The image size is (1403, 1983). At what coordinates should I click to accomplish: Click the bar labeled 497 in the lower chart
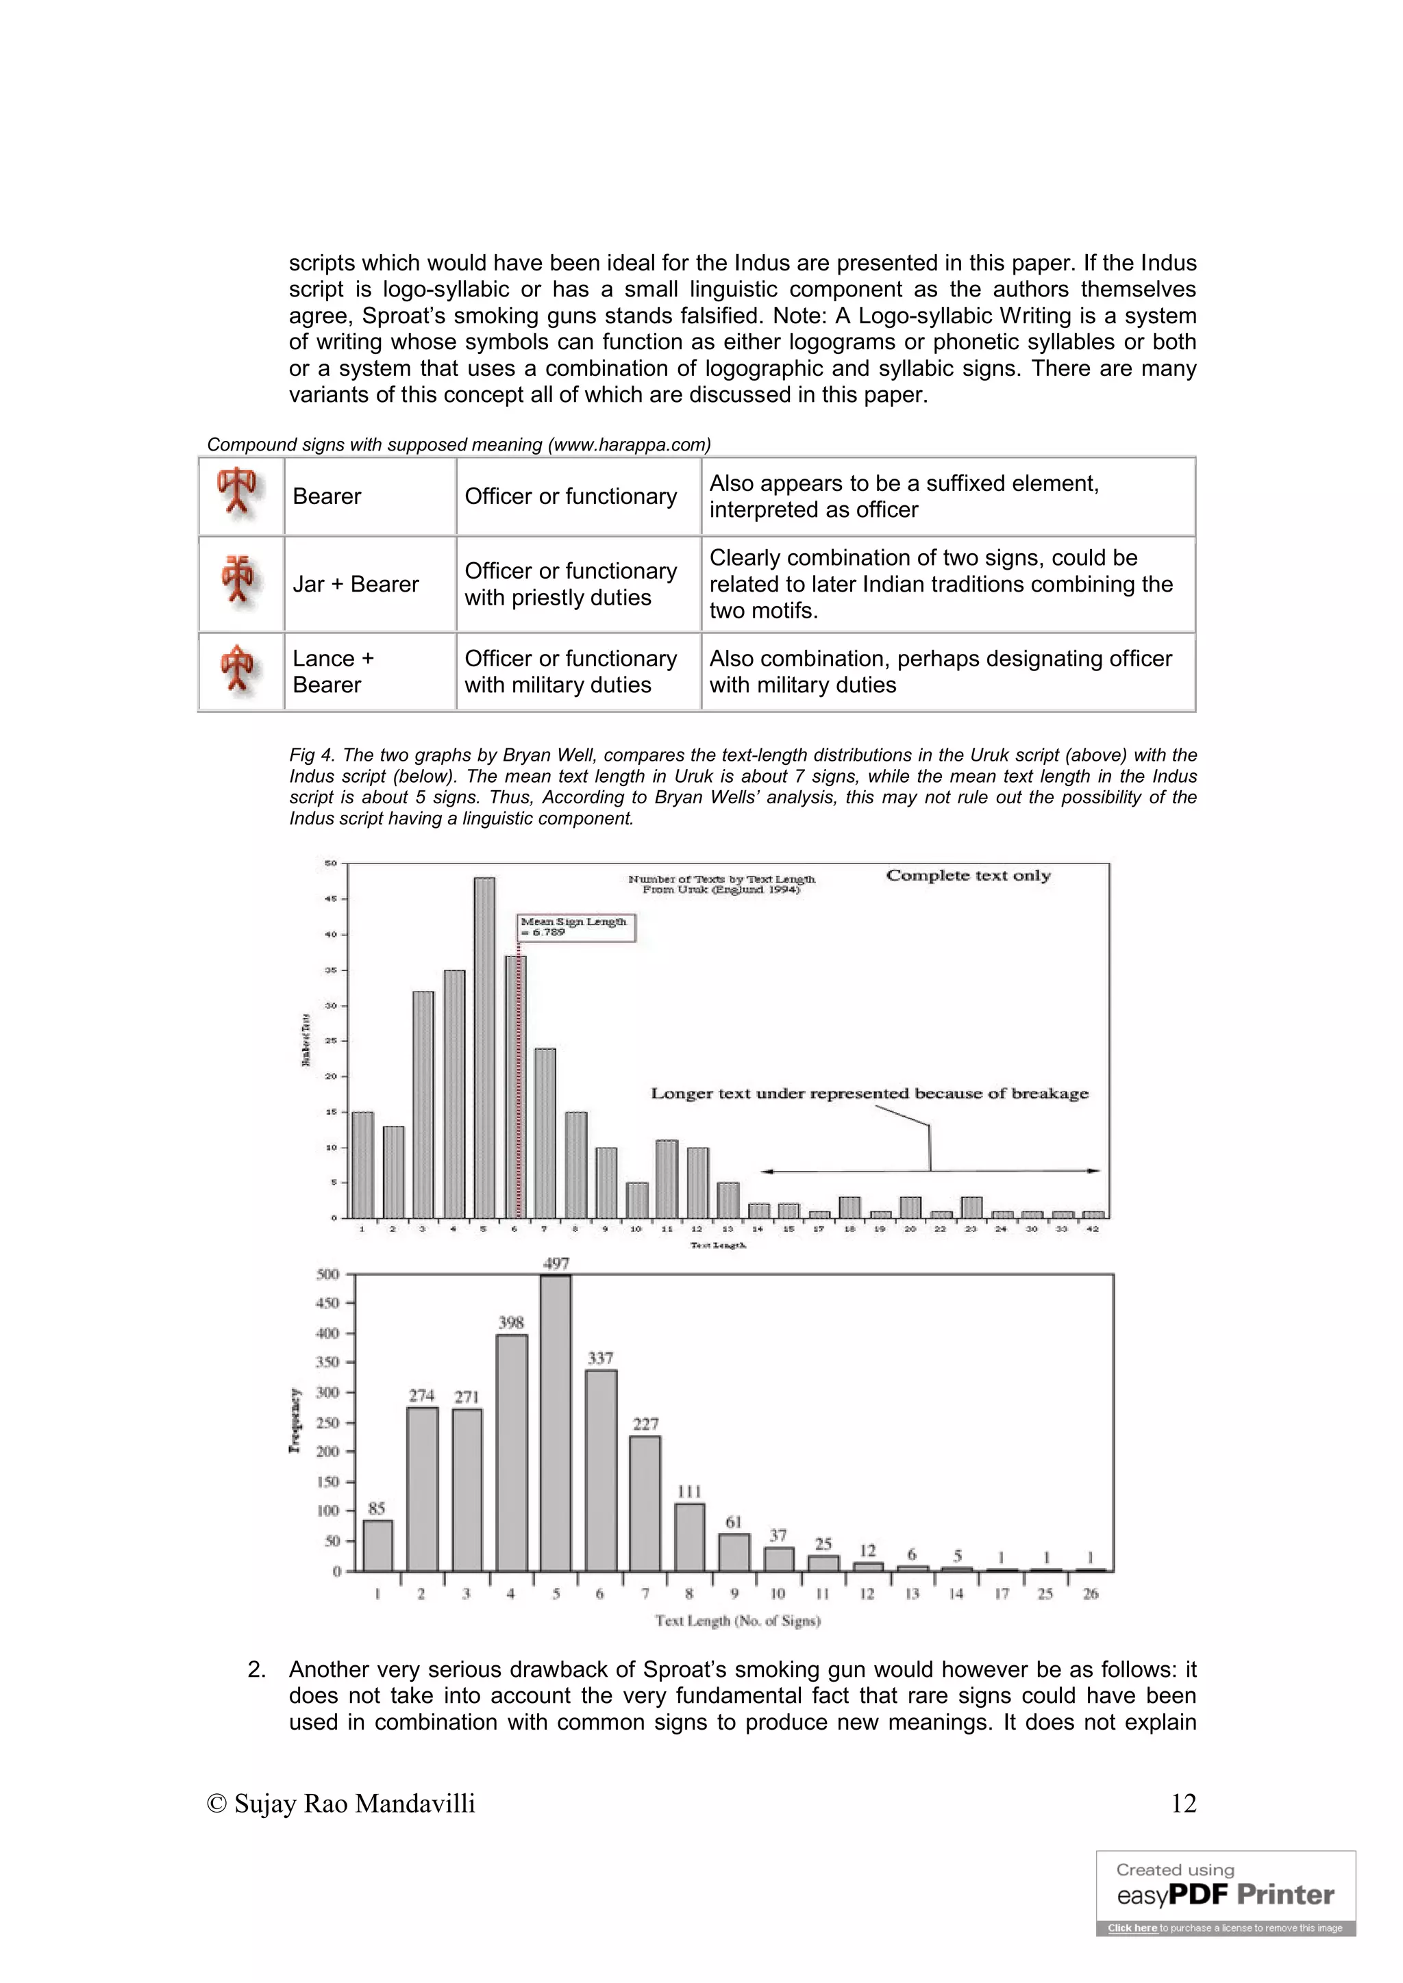pos(556,1424)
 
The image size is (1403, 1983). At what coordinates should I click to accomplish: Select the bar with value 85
pos(377,1545)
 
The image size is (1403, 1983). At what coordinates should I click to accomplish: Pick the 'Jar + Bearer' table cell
pos(356,585)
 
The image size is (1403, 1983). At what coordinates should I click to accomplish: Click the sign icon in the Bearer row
pos(238,494)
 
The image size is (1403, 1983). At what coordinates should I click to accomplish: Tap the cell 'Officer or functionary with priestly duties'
pos(571,585)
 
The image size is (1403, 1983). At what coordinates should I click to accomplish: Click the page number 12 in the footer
pos(1182,1804)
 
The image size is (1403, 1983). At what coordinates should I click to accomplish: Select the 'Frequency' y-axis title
pos(295,1421)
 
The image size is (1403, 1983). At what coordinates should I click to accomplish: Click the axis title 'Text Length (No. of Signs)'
pos(737,1621)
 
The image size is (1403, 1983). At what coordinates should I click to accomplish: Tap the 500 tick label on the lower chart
pos(327,1274)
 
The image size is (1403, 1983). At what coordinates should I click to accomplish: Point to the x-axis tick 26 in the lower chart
pos(1090,1593)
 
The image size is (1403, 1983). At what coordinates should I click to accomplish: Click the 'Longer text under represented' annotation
pos(869,1094)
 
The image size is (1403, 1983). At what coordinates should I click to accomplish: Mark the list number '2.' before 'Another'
pos(257,1669)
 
